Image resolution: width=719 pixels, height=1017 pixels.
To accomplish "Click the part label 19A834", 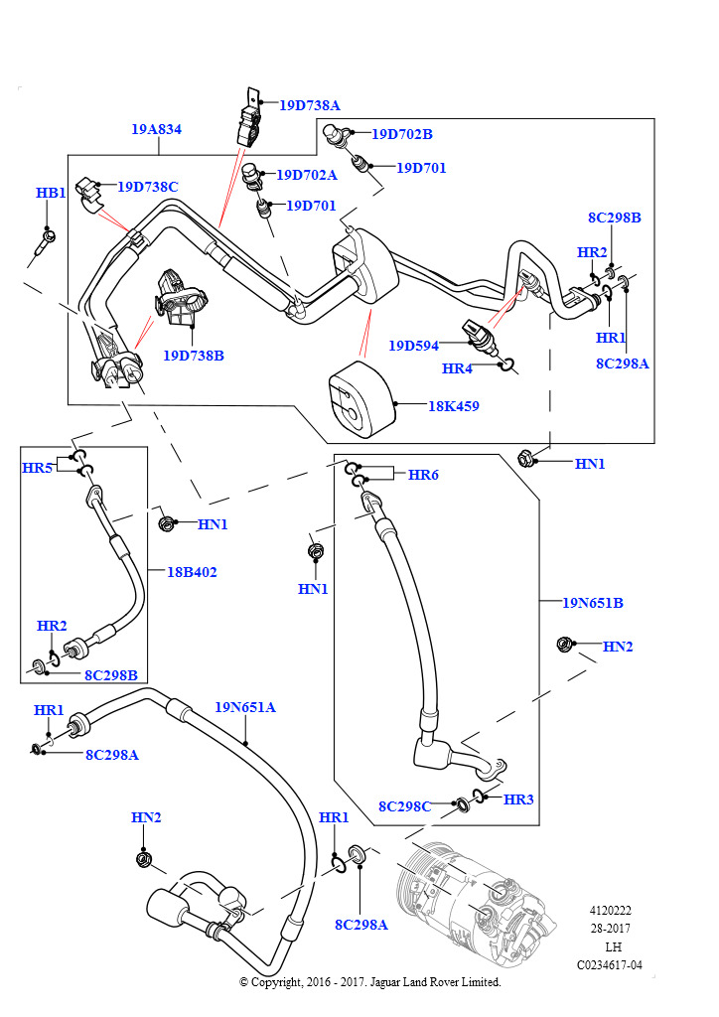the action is pos(156,129).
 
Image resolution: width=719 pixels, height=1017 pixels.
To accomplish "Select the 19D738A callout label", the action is pos(309,105).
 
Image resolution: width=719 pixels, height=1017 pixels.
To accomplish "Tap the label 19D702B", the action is pos(402,134).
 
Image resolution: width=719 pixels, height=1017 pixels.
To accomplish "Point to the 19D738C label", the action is pos(148,187).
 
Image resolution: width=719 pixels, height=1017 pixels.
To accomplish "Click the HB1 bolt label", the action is pos(51,193).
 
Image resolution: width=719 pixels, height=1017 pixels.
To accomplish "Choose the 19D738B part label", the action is pos(194,356).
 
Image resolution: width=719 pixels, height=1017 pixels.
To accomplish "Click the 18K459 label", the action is pos(454,406).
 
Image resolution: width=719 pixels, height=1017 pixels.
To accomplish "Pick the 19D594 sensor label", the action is pos(414,346).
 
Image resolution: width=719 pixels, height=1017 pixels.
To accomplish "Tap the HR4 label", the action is pos(457,368).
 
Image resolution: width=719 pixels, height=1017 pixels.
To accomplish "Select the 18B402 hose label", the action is pos(192,572).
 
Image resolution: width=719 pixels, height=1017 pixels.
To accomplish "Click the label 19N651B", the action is pos(593,603).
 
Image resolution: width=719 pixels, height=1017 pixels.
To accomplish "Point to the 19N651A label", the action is pos(245,707).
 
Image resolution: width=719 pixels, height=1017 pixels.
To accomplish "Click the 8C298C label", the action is pos(404,806).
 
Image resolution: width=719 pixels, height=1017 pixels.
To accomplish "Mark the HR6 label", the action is pos(423,475).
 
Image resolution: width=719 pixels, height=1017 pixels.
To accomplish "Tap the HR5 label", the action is pos(37,468).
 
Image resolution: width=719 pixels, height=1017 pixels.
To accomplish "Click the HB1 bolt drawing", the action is pos(44,244).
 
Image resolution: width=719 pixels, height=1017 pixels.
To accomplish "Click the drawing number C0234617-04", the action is pos(610,965).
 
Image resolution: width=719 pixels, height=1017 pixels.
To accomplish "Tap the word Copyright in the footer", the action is pos(277,982).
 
